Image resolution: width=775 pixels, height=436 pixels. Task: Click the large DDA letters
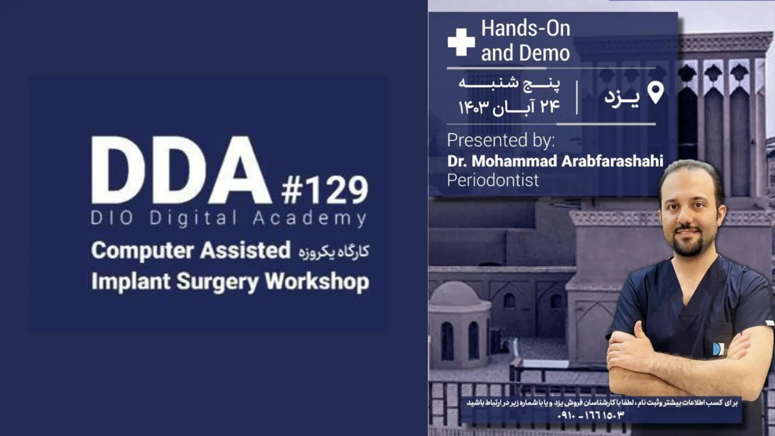pyautogui.click(x=181, y=170)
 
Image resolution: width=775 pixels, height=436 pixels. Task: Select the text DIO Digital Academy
pyautogui.click(x=229, y=218)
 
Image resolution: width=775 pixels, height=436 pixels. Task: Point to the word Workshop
pyautogui.click(x=317, y=281)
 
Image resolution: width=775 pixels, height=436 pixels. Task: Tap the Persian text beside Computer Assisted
pyautogui.click(x=334, y=252)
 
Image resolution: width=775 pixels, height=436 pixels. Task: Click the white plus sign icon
pyautogui.click(x=461, y=42)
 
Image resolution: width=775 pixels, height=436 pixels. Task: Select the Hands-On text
pyautogui.click(x=526, y=29)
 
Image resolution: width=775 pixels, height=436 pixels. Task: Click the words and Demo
pyautogui.click(x=525, y=53)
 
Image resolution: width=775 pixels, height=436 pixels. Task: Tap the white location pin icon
pyautogui.click(x=656, y=93)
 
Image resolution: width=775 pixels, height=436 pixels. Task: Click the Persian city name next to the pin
pyautogui.click(x=622, y=97)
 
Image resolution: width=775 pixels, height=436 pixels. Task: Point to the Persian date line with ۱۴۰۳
pyautogui.click(x=509, y=107)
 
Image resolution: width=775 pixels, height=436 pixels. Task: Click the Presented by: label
pyautogui.click(x=501, y=140)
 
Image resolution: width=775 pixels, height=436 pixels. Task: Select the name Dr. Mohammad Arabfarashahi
pyautogui.click(x=555, y=161)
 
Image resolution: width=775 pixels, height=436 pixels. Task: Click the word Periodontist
pyautogui.click(x=492, y=180)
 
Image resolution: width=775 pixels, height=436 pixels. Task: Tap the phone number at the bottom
pyautogui.click(x=591, y=415)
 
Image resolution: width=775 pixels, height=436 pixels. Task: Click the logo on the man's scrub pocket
pyautogui.click(x=717, y=349)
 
